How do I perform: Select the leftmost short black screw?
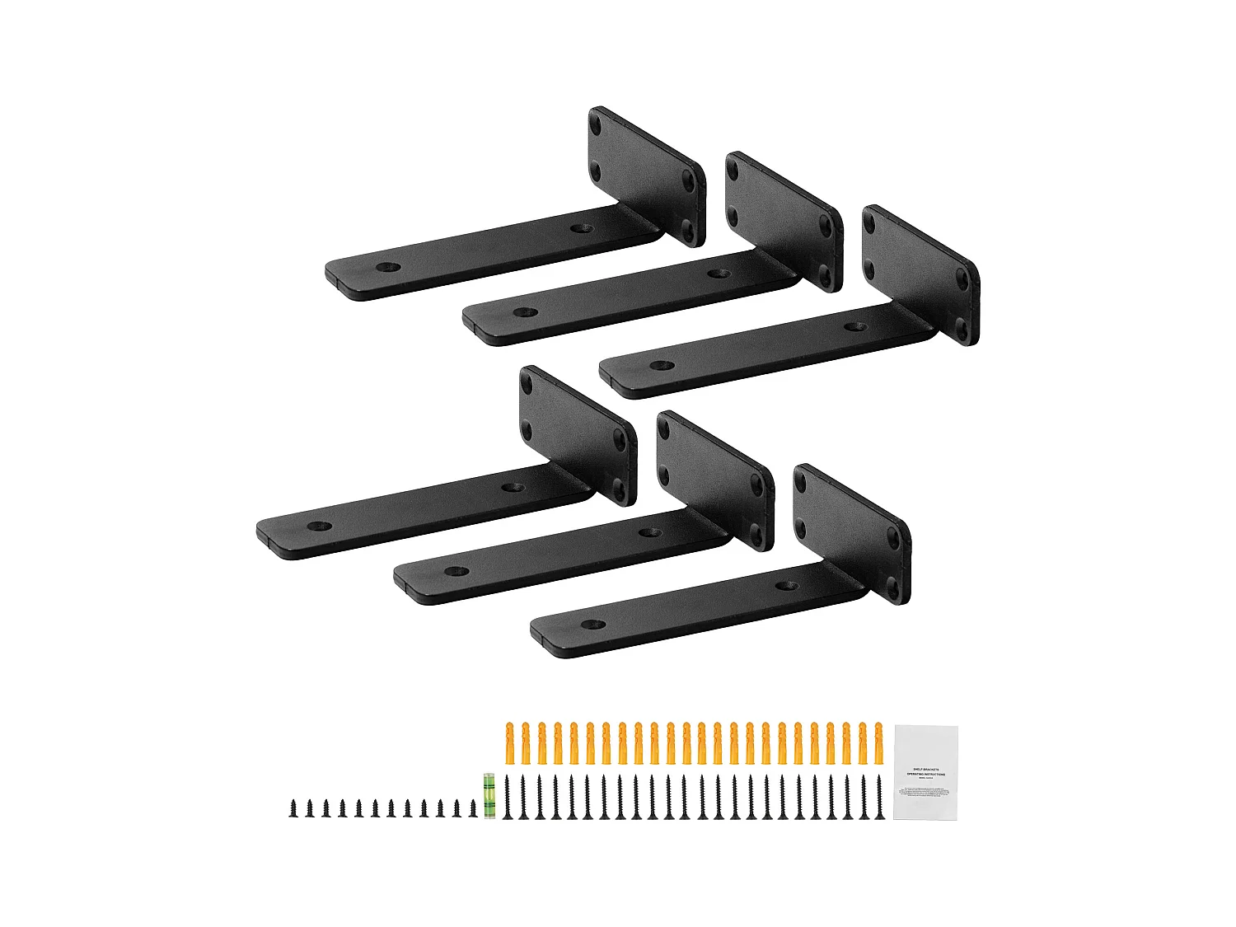point(293,808)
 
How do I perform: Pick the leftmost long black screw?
point(508,797)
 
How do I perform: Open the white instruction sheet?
point(927,772)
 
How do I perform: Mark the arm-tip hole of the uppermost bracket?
point(385,269)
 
